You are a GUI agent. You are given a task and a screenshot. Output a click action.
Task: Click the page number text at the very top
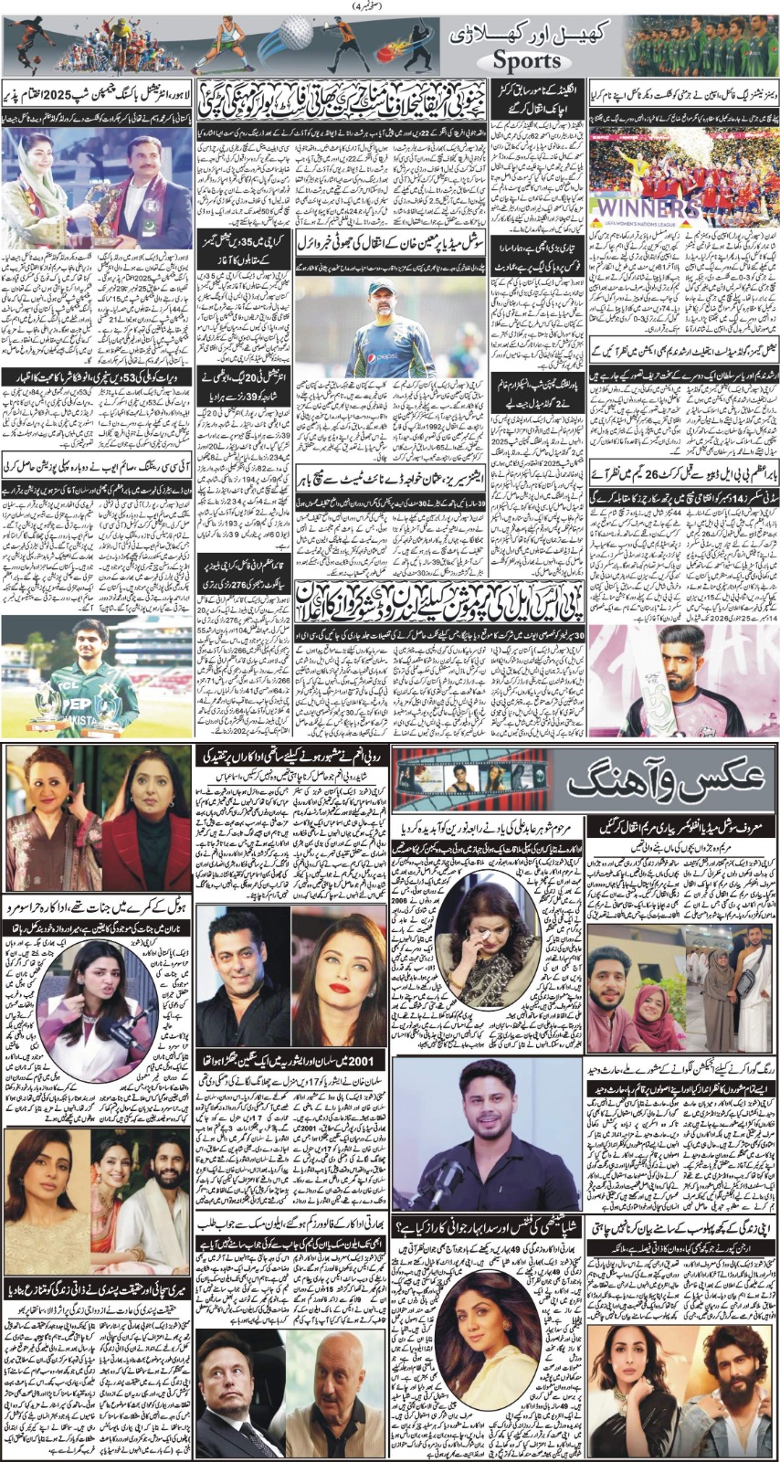coord(389,6)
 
